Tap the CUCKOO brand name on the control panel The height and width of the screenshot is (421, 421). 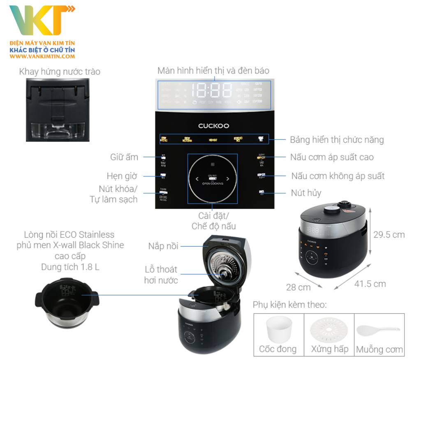213,126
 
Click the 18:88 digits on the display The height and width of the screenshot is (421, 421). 212,90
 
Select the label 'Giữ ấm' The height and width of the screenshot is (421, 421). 124,157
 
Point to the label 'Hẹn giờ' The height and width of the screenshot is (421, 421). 122,176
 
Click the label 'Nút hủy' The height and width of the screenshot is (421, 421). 306,193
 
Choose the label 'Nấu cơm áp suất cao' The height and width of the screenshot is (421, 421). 332,157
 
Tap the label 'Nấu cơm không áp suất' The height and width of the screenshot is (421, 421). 338,176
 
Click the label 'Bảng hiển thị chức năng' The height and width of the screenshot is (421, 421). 337,140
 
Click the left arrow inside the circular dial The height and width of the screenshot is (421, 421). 197,179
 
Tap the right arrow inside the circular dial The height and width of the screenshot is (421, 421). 228,179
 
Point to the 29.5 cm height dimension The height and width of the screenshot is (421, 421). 389,235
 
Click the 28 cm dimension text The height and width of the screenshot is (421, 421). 298,287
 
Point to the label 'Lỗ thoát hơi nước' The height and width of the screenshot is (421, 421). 161,275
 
